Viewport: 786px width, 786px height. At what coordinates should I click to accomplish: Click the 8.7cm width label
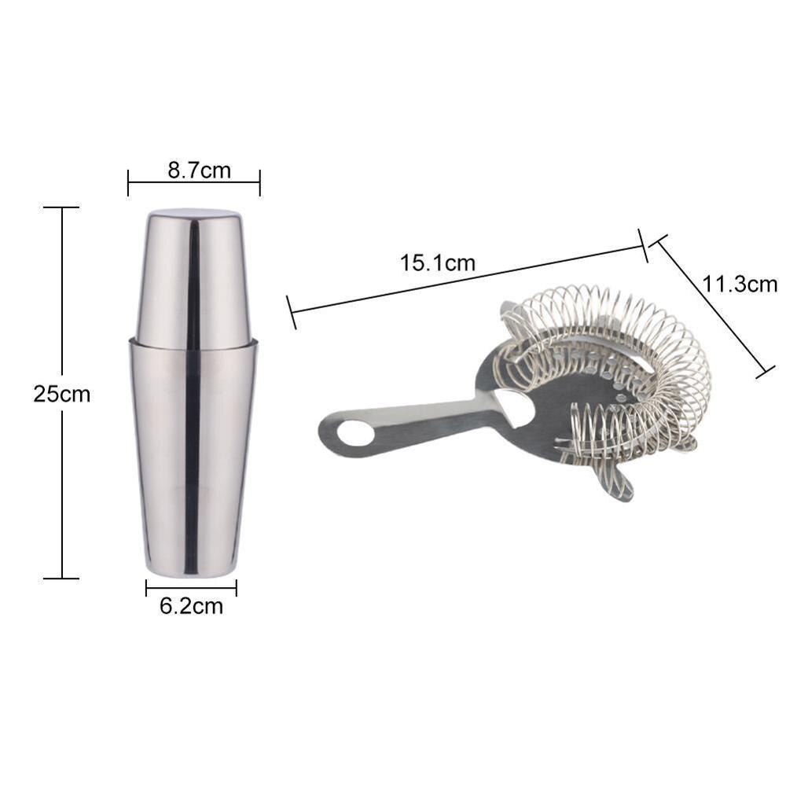click(x=199, y=170)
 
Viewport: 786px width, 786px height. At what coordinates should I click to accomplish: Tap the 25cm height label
click(x=61, y=393)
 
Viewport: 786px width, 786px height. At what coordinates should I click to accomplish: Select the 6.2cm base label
click(x=191, y=606)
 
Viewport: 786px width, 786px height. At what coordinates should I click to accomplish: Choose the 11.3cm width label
click(x=740, y=284)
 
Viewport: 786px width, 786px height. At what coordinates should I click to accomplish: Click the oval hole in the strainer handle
click(x=356, y=433)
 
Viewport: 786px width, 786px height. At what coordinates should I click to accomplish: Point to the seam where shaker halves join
click(x=193, y=343)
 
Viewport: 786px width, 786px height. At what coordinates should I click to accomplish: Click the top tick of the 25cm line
click(x=61, y=208)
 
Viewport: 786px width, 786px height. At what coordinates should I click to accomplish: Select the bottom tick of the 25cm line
click(x=61, y=578)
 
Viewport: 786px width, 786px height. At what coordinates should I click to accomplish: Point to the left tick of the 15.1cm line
click(x=292, y=312)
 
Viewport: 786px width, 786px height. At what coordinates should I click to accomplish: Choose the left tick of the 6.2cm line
click(x=146, y=588)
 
